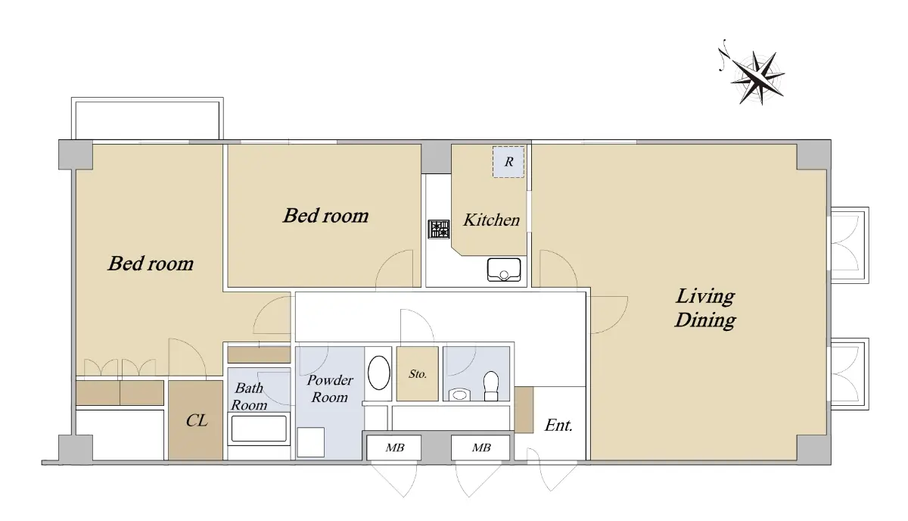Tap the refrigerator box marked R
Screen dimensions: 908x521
pyautogui.click(x=508, y=161)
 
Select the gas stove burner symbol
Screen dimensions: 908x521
pyautogui.click(x=439, y=229)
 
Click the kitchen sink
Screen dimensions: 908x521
pyautogui.click(x=504, y=270)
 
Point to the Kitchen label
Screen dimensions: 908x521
pyautogui.click(x=491, y=220)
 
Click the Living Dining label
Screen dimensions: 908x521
pyautogui.click(x=705, y=307)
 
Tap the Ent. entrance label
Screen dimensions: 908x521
pyautogui.click(x=558, y=426)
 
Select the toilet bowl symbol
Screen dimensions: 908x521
pyautogui.click(x=491, y=385)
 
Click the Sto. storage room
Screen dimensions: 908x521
pyautogui.click(x=418, y=373)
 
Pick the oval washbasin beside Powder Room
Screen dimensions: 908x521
pyautogui.click(x=378, y=373)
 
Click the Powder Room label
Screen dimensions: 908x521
pyautogui.click(x=330, y=388)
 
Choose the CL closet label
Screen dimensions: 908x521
pyautogui.click(x=197, y=420)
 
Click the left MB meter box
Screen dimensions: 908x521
pyautogui.click(x=394, y=448)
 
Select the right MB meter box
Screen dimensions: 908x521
pyautogui.click(x=480, y=448)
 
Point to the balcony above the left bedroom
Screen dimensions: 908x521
pyautogui.click(x=148, y=118)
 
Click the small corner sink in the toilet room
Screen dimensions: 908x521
pyautogui.click(x=459, y=395)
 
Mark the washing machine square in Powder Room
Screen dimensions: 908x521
pyautogui.click(x=311, y=442)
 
